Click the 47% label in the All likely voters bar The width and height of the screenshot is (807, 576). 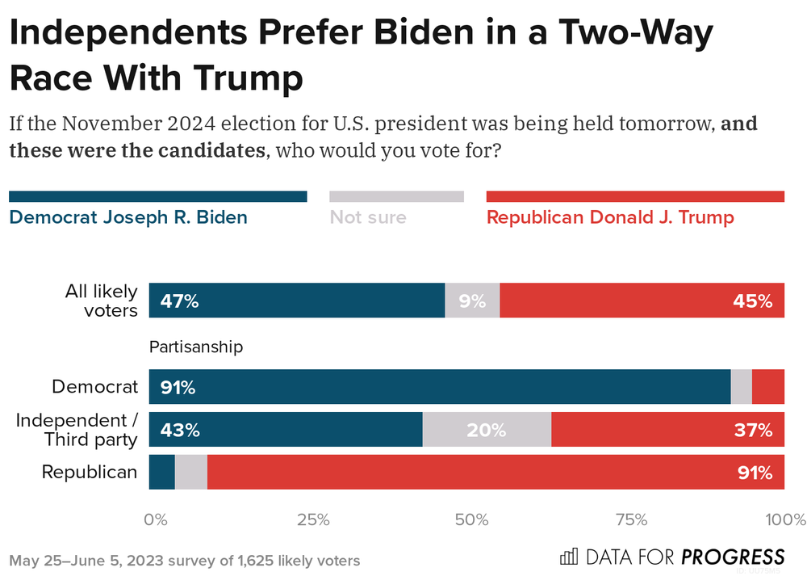pyautogui.click(x=179, y=301)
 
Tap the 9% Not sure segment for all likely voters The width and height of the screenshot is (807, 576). pyautogui.click(x=472, y=301)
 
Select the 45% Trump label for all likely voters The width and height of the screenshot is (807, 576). pyautogui.click(x=754, y=301)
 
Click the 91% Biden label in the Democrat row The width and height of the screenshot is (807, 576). pyautogui.click(x=178, y=387)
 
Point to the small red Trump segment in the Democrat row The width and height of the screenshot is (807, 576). pyautogui.click(x=768, y=387)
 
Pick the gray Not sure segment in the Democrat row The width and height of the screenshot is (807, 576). pyautogui.click(x=742, y=387)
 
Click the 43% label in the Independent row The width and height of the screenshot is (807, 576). pyautogui.click(x=179, y=430)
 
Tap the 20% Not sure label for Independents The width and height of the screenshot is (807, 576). pyautogui.click(x=487, y=430)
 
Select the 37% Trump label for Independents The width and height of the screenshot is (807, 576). pyautogui.click(x=754, y=430)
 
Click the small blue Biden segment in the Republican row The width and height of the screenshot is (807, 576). pyautogui.click(x=162, y=472)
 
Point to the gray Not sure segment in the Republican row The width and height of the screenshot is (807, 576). pyautogui.click(x=191, y=472)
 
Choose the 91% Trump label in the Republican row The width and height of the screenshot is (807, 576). pyautogui.click(x=754, y=472)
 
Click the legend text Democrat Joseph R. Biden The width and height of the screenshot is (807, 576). pyautogui.click(x=128, y=217)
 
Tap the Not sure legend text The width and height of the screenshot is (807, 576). pyautogui.click(x=368, y=217)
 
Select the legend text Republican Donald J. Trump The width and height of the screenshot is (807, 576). pyautogui.click(x=610, y=217)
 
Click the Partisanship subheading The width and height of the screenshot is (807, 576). pyautogui.click(x=196, y=347)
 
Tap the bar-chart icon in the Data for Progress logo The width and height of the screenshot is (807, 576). pyautogui.click(x=569, y=557)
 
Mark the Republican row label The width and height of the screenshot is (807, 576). pyautogui.click(x=90, y=472)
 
